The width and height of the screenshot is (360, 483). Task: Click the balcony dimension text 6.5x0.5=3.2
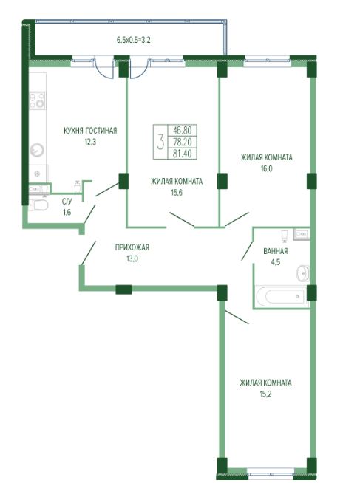[133, 40]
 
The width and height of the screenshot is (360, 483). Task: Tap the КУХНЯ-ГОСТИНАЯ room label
[90, 131]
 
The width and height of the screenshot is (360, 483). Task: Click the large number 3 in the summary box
[160, 142]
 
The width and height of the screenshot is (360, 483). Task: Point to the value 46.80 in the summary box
[182, 130]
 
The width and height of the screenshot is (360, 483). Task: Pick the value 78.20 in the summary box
[182, 142]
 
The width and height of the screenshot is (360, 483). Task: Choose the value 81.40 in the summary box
[182, 153]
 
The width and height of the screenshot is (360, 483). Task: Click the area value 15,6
[177, 193]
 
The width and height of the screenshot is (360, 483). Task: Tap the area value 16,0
[266, 169]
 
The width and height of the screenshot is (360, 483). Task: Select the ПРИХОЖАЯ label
[132, 247]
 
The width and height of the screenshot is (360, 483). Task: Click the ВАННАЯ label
[276, 251]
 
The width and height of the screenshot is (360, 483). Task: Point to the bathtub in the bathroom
[281, 296]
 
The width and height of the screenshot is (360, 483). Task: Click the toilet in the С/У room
[38, 205]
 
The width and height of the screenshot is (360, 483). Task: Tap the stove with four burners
[37, 100]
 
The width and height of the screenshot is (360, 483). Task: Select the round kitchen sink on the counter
[37, 151]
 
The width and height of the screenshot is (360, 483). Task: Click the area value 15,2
[265, 394]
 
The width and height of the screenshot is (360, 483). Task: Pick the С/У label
[67, 202]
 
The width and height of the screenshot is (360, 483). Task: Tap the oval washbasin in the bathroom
[303, 273]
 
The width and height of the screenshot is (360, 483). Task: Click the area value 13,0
[132, 258]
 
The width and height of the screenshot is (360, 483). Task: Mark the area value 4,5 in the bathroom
[276, 262]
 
